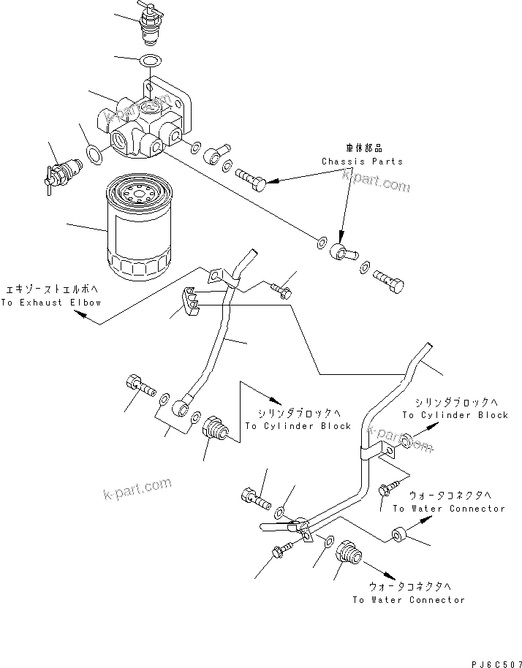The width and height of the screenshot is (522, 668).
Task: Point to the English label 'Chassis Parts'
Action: pos(361,161)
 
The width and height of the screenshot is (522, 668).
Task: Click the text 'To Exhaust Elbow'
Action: pos(50,302)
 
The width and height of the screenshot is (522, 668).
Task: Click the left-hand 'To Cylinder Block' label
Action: pos(298,426)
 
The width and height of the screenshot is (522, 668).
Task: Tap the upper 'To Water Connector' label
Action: pos(448,508)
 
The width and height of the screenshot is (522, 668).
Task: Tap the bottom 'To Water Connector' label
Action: pos(407,599)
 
